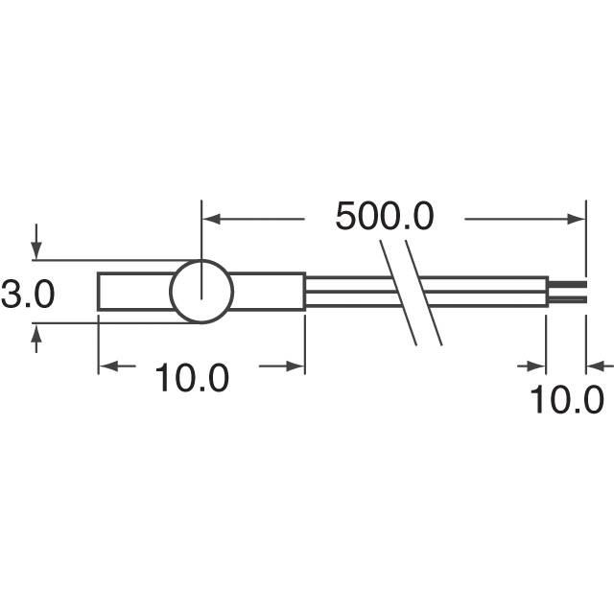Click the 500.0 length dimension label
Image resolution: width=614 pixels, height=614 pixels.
(384, 217)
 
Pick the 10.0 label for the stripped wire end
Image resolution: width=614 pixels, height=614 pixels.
(568, 398)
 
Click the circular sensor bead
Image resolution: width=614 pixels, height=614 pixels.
(201, 291)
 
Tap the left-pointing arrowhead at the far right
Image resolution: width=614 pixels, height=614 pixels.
(597, 366)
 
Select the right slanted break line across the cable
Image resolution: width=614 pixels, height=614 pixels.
(424, 293)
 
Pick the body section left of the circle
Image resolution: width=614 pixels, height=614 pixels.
(134, 292)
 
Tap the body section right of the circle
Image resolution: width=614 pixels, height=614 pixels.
(270, 292)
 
